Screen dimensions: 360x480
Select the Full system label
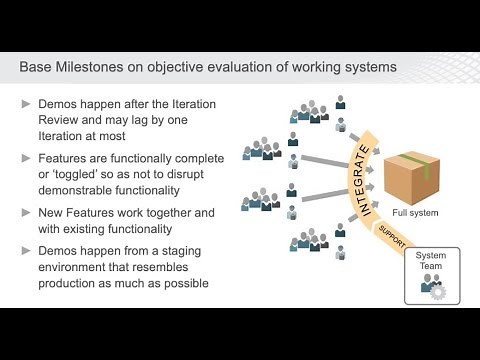point(412,213)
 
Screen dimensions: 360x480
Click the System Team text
point(432,262)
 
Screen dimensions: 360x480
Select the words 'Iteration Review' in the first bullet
point(185,105)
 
